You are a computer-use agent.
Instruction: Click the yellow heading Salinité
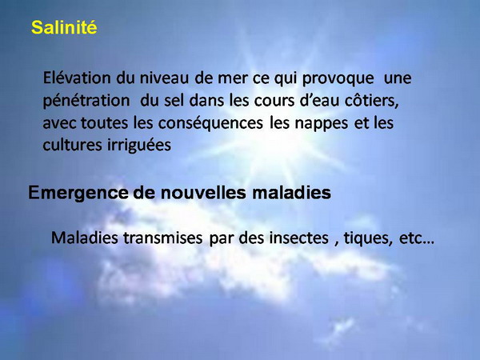[64, 27]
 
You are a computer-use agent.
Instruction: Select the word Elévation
[77, 78]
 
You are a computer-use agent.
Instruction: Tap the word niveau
[164, 78]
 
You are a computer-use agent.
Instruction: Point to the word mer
[232, 78]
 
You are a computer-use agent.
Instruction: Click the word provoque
[338, 79]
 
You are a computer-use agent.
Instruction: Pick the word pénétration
[86, 101]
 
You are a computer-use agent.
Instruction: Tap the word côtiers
[372, 101]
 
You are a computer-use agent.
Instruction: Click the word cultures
[72, 145]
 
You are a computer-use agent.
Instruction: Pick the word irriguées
[139, 146]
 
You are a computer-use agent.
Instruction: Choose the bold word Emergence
[78, 193]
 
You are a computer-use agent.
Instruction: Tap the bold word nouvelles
[203, 193]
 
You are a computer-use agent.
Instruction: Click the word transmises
[162, 238]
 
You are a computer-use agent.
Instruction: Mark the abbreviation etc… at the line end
[417, 238]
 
